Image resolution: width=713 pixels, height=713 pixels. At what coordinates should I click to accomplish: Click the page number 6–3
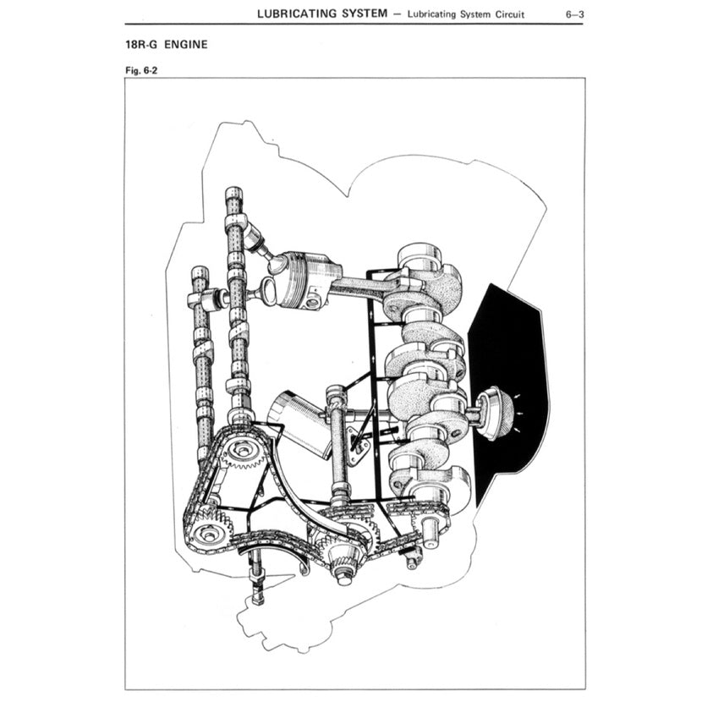pyautogui.click(x=572, y=14)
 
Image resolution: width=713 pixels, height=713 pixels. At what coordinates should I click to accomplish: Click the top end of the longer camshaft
pyautogui.click(x=233, y=196)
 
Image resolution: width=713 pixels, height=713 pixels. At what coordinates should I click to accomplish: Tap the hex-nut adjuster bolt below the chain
pyautogui.click(x=257, y=584)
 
